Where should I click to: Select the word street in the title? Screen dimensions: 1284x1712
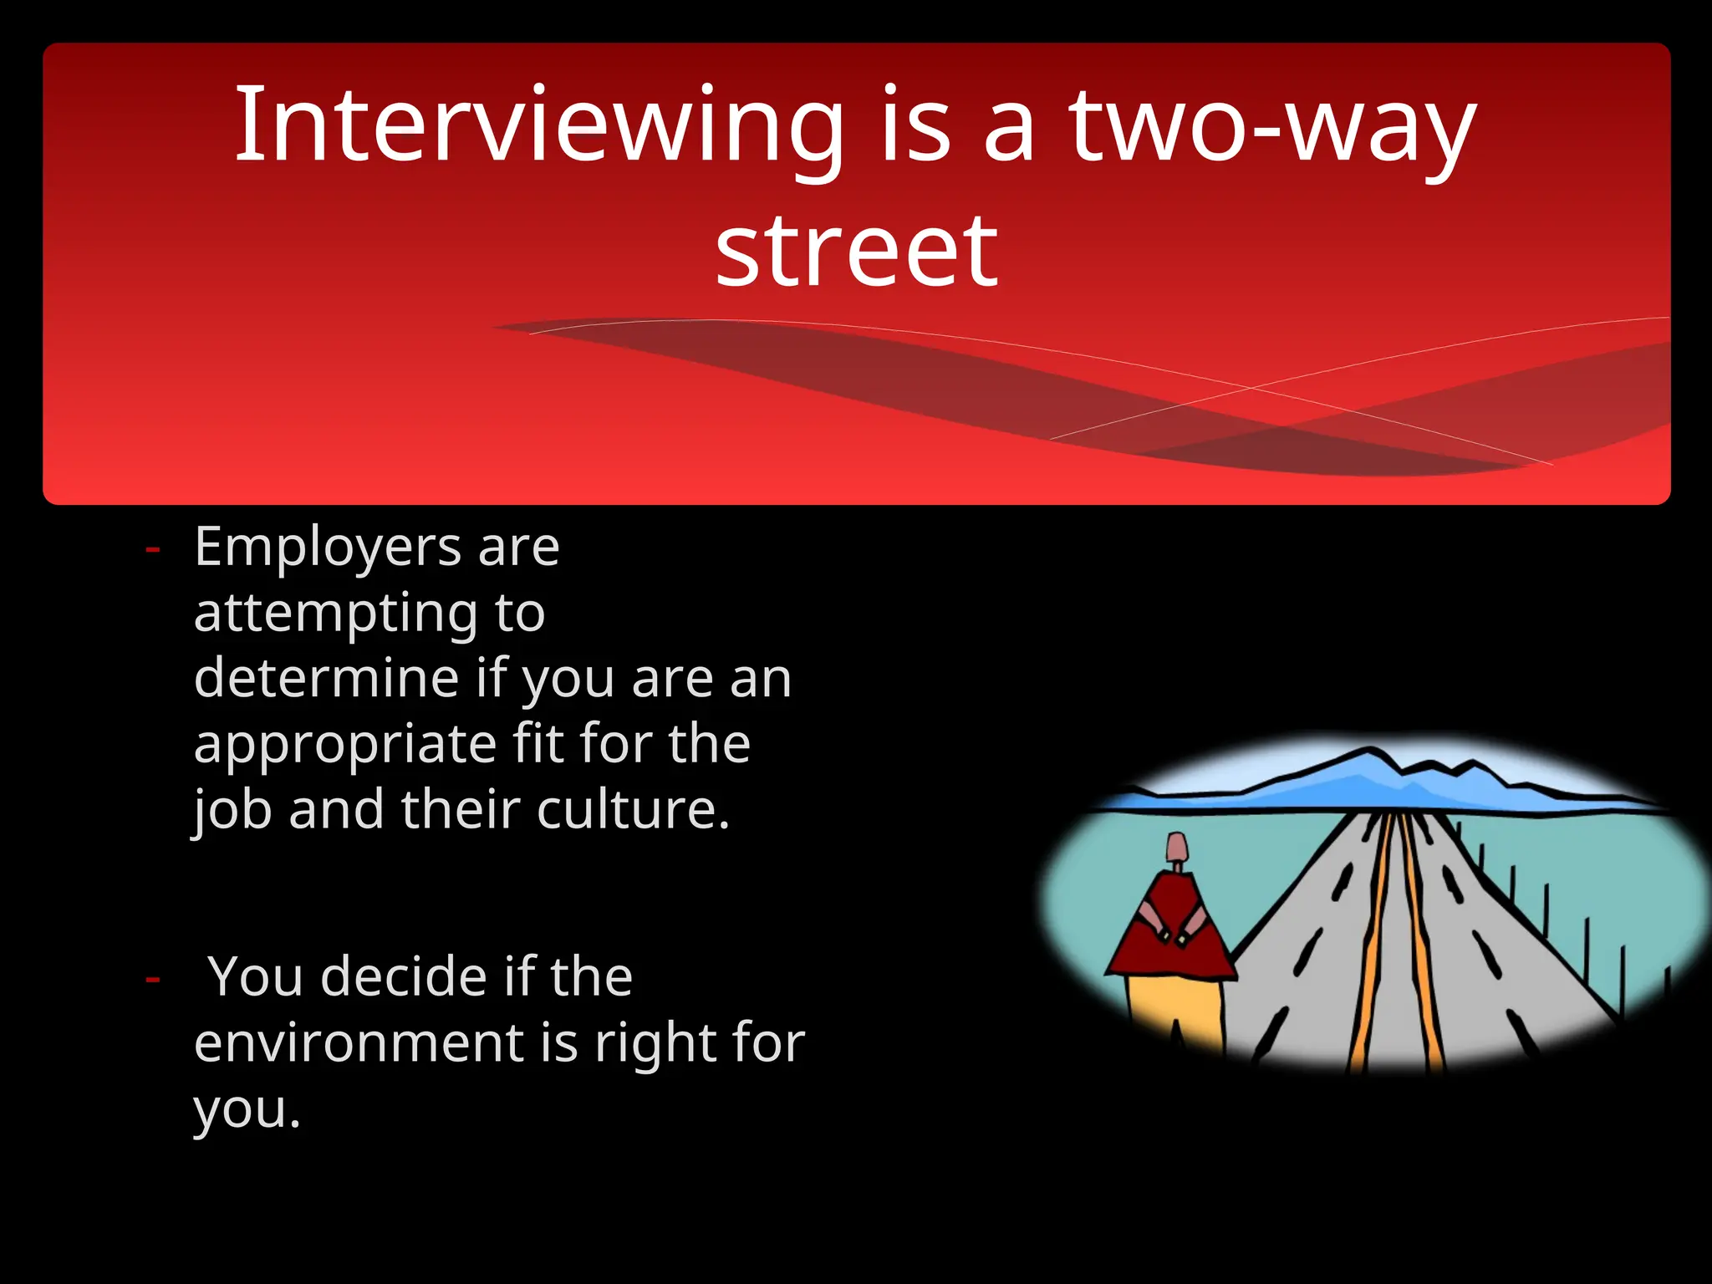[x=856, y=251]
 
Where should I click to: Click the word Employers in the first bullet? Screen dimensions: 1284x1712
[x=327, y=548]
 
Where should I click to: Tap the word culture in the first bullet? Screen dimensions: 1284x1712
[x=626, y=810]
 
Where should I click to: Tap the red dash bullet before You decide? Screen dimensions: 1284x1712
[x=152, y=978]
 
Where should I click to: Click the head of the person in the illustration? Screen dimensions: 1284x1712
[x=1178, y=848]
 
